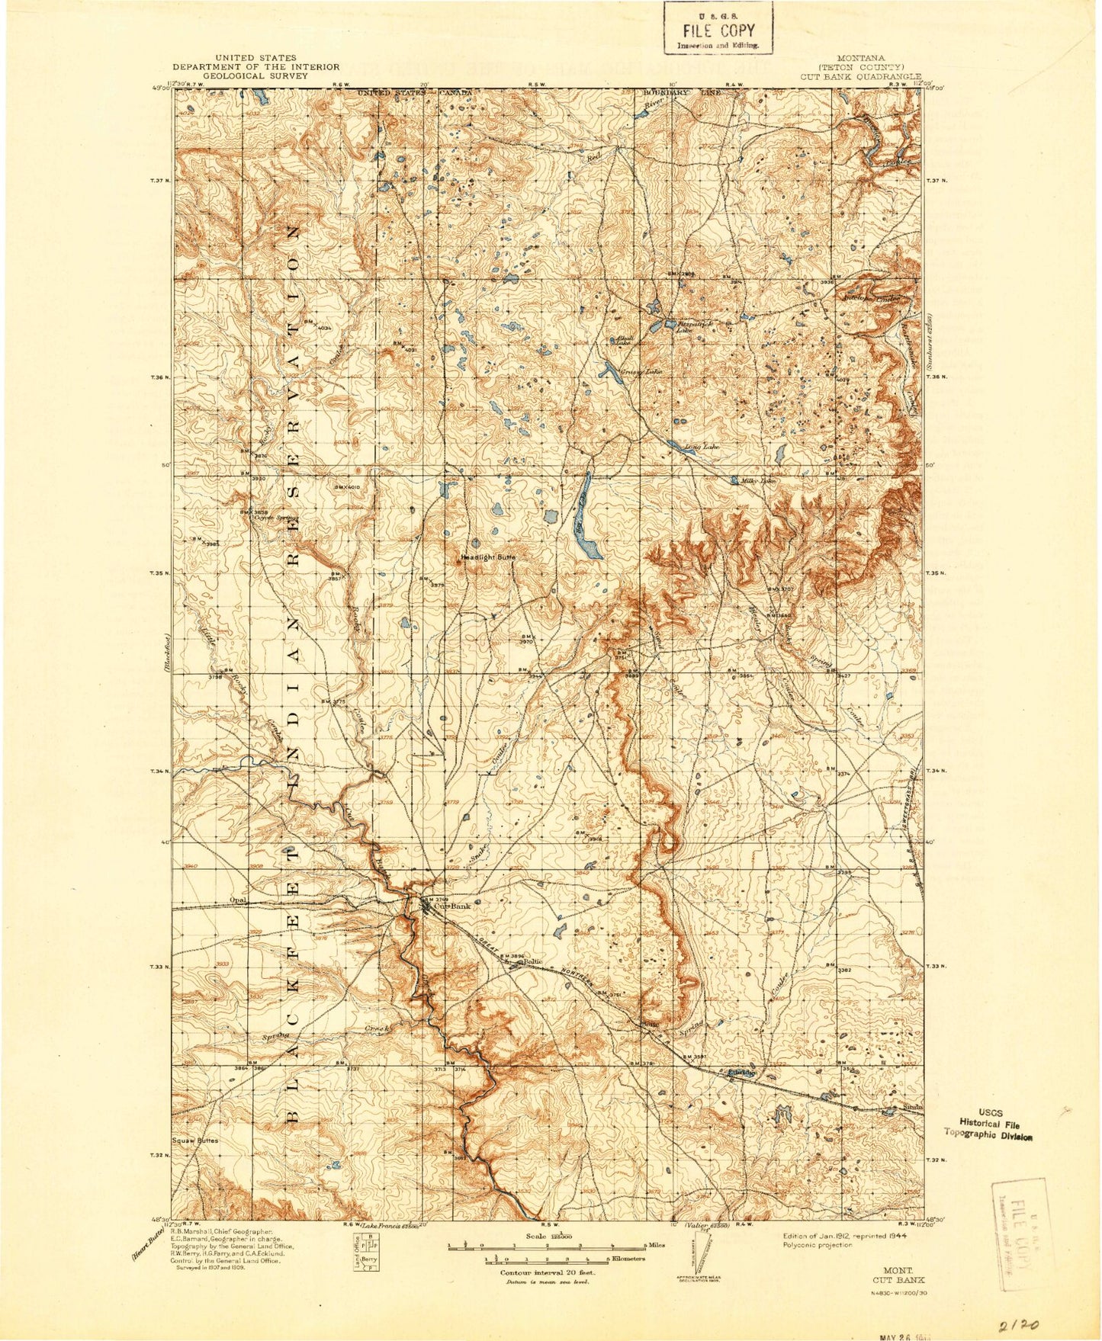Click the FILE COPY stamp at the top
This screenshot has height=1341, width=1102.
point(718,30)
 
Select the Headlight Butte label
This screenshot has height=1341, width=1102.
point(489,558)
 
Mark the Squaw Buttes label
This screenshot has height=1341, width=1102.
point(195,1141)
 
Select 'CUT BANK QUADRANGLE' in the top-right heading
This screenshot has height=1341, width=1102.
point(862,76)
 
